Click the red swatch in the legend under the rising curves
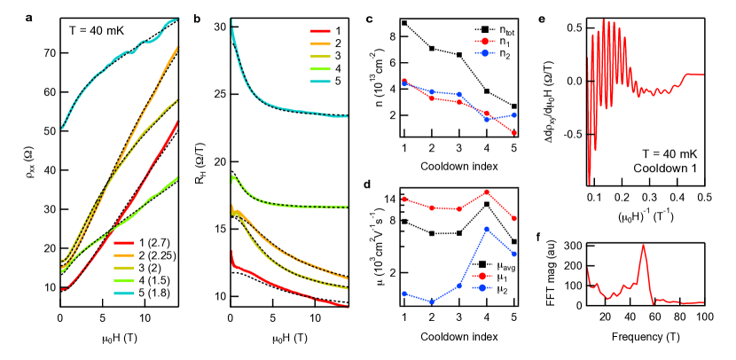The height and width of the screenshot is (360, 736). (x=123, y=242)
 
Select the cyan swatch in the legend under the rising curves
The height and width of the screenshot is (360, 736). (x=123, y=293)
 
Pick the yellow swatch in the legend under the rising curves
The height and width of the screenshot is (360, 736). (x=123, y=268)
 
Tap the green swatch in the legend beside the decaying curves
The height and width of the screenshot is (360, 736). (x=320, y=68)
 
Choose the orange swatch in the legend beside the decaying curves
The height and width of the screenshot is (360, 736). (x=320, y=43)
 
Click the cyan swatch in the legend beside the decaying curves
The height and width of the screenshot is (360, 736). (x=320, y=82)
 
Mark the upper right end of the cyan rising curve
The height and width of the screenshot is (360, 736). (x=177, y=19)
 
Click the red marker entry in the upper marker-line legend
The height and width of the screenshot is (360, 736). (x=484, y=41)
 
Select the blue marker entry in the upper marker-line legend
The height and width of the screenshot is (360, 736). (x=484, y=53)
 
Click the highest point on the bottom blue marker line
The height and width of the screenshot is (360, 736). (x=487, y=229)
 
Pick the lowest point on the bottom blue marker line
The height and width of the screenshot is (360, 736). (x=432, y=302)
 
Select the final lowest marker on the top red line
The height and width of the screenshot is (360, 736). (x=514, y=133)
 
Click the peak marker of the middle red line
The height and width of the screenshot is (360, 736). (x=487, y=192)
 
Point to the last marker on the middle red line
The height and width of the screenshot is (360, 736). (x=514, y=218)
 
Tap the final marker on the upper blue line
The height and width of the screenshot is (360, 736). (x=514, y=115)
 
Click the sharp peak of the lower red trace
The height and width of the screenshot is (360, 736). (x=643, y=246)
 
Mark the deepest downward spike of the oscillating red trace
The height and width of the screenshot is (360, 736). (x=589, y=184)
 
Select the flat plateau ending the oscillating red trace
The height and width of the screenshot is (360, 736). (x=694, y=74)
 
